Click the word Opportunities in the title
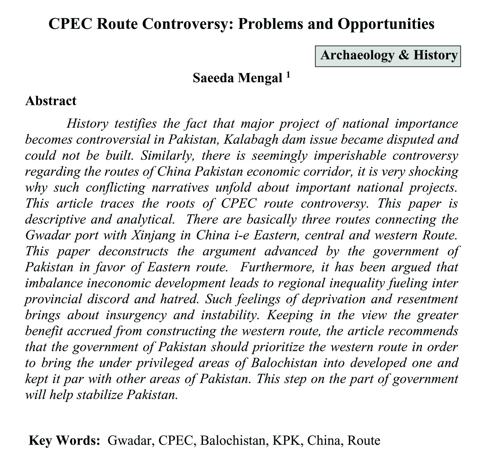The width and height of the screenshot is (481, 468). (386, 24)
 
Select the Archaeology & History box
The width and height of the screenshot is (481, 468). (388, 56)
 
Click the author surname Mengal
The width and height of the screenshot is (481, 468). (260, 78)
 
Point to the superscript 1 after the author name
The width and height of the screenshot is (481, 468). (288, 75)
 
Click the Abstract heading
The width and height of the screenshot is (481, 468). (51, 100)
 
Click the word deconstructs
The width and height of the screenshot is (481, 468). (134, 251)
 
